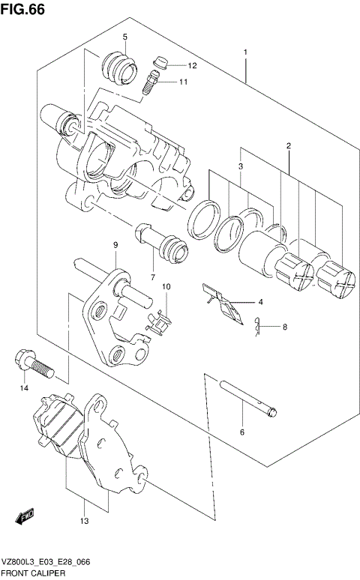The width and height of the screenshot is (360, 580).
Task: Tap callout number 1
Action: pos(245,52)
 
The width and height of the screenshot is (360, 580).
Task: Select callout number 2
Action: pos(287,145)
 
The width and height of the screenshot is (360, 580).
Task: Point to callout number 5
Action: pos(125,37)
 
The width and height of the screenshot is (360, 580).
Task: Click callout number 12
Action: pos(192,66)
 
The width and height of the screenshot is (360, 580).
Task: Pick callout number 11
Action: pos(183,82)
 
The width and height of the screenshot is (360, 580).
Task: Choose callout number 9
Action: pos(116,245)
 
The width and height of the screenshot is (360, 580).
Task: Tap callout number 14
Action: pos(24,388)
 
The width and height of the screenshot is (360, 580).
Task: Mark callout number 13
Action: pos(85,520)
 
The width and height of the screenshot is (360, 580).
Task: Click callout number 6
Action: pos(241,432)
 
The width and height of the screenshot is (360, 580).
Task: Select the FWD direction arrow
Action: pos(25,516)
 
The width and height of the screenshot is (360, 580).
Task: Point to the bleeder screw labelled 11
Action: pos(151,82)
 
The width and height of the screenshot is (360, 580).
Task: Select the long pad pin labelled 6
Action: pos(250,398)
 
